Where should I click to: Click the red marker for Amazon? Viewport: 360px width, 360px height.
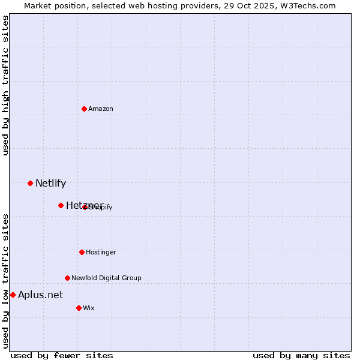[x=84, y=109]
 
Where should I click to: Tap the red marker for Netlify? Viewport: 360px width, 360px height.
[x=30, y=183]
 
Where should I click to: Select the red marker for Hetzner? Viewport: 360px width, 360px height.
[x=61, y=205]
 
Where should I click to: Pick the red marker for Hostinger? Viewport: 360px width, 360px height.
[x=82, y=252]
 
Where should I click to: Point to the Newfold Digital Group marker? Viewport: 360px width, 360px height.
[x=67, y=278]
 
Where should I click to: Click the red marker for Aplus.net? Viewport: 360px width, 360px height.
[x=13, y=295]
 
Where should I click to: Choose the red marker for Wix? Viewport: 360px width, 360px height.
[x=79, y=308]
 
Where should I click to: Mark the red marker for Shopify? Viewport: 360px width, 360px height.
[x=85, y=207]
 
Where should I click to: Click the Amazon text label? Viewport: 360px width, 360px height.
[x=101, y=109]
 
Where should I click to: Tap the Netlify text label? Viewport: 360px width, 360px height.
[x=50, y=184]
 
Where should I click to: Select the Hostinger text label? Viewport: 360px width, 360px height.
[x=101, y=252]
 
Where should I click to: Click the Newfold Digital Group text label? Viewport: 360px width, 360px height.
[x=106, y=278]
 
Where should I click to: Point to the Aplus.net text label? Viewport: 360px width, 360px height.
[x=40, y=295]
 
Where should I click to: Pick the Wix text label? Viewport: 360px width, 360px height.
[x=89, y=308]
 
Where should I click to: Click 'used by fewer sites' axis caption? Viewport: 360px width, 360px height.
[x=62, y=356]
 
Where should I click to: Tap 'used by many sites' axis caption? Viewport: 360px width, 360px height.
[x=301, y=356]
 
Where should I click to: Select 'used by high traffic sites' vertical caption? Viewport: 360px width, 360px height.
[x=6, y=85]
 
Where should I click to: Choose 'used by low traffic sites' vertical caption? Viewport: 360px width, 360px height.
[x=6, y=280]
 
